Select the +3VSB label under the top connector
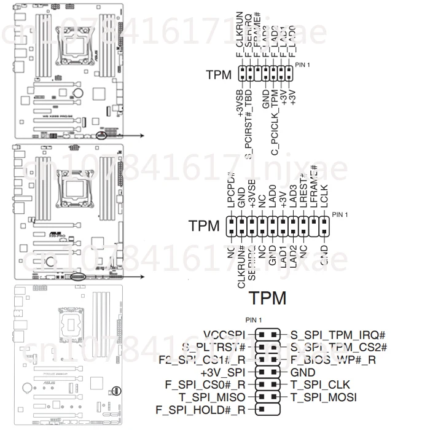[240, 101]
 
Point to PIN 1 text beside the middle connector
[340, 214]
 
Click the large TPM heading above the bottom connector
[268, 298]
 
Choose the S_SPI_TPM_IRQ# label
[337, 335]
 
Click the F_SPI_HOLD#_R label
[201, 409]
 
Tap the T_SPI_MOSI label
[323, 397]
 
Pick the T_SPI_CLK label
[319, 385]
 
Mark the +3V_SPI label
[222, 372]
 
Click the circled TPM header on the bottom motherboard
[116, 390]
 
